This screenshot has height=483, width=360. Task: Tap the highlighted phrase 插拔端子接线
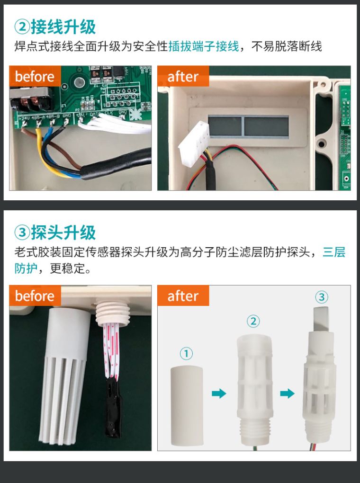[x=204, y=46]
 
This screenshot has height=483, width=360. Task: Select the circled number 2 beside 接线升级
[x=22, y=27]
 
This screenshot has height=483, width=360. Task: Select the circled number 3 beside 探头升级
[x=22, y=233]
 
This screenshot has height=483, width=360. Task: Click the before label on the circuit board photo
[x=35, y=77]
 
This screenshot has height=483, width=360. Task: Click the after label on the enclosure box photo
[x=183, y=77]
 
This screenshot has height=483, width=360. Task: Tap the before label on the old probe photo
[x=35, y=296]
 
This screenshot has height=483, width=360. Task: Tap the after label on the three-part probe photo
[x=183, y=296]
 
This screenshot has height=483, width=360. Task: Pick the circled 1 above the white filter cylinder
[x=186, y=353]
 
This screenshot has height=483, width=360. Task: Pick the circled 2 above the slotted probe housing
[x=253, y=322]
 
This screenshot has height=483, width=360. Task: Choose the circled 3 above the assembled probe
[x=321, y=297]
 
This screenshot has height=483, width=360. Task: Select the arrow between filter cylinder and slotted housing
[x=219, y=393]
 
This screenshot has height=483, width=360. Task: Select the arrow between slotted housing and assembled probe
[x=287, y=393]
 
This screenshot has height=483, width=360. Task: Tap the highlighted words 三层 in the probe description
[x=333, y=252]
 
